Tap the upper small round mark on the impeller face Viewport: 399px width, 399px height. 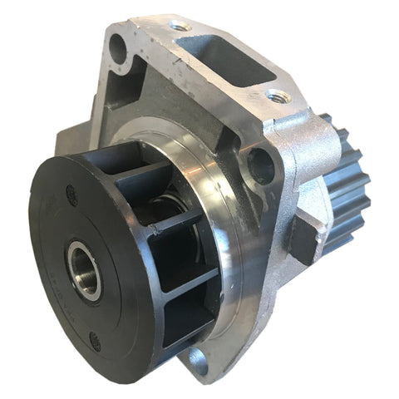tap(71, 190)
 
